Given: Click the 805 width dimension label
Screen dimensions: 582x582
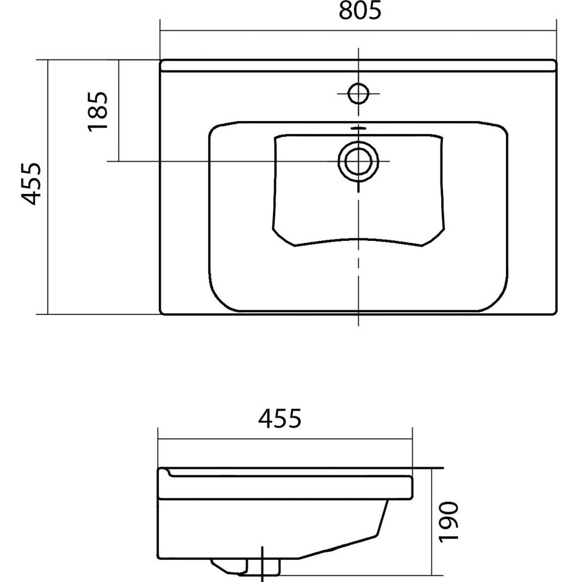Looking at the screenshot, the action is pyautogui.click(x=360, y=11).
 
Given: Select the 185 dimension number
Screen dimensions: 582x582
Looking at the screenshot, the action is pyautogui.click(x=98, y=111).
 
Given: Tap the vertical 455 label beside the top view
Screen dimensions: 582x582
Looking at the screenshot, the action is pyautogui.click(x=30, y=183).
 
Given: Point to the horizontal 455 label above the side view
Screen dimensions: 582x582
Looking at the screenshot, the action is pyautogui.click(x=279, y=418).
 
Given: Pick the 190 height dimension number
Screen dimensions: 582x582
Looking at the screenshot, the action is pyautogui.click(x=449, y=521).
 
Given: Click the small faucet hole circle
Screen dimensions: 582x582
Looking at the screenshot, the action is pyautogui.click(x=358, y=93).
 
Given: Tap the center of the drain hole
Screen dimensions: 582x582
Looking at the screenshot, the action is pyautogui.click(x=358, y=161).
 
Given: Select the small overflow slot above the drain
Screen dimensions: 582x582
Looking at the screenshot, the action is pyautogui.click(x=358, y=128).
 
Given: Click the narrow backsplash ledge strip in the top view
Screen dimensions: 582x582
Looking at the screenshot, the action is pyautogui.click(x=358, y=65).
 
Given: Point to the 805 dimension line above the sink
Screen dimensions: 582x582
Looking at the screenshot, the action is pyautogui.click(x=358, y=30).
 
